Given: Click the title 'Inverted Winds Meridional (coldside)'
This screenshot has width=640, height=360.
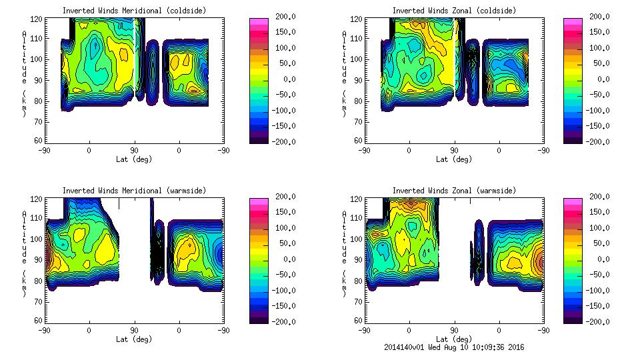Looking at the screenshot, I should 134,11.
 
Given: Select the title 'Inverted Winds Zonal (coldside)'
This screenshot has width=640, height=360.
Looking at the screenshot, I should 454,11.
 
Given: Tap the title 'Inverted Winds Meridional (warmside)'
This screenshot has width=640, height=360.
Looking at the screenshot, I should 134,191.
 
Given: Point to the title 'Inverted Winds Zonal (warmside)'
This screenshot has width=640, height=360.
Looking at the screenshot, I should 454,191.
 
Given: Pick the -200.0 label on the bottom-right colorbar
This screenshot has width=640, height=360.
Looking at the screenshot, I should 595,321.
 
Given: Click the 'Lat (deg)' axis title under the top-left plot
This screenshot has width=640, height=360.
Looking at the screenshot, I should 133,159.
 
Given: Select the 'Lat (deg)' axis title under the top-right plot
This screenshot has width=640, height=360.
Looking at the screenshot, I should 453,159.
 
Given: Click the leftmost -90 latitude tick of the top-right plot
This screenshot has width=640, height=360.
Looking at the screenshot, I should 364,151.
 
